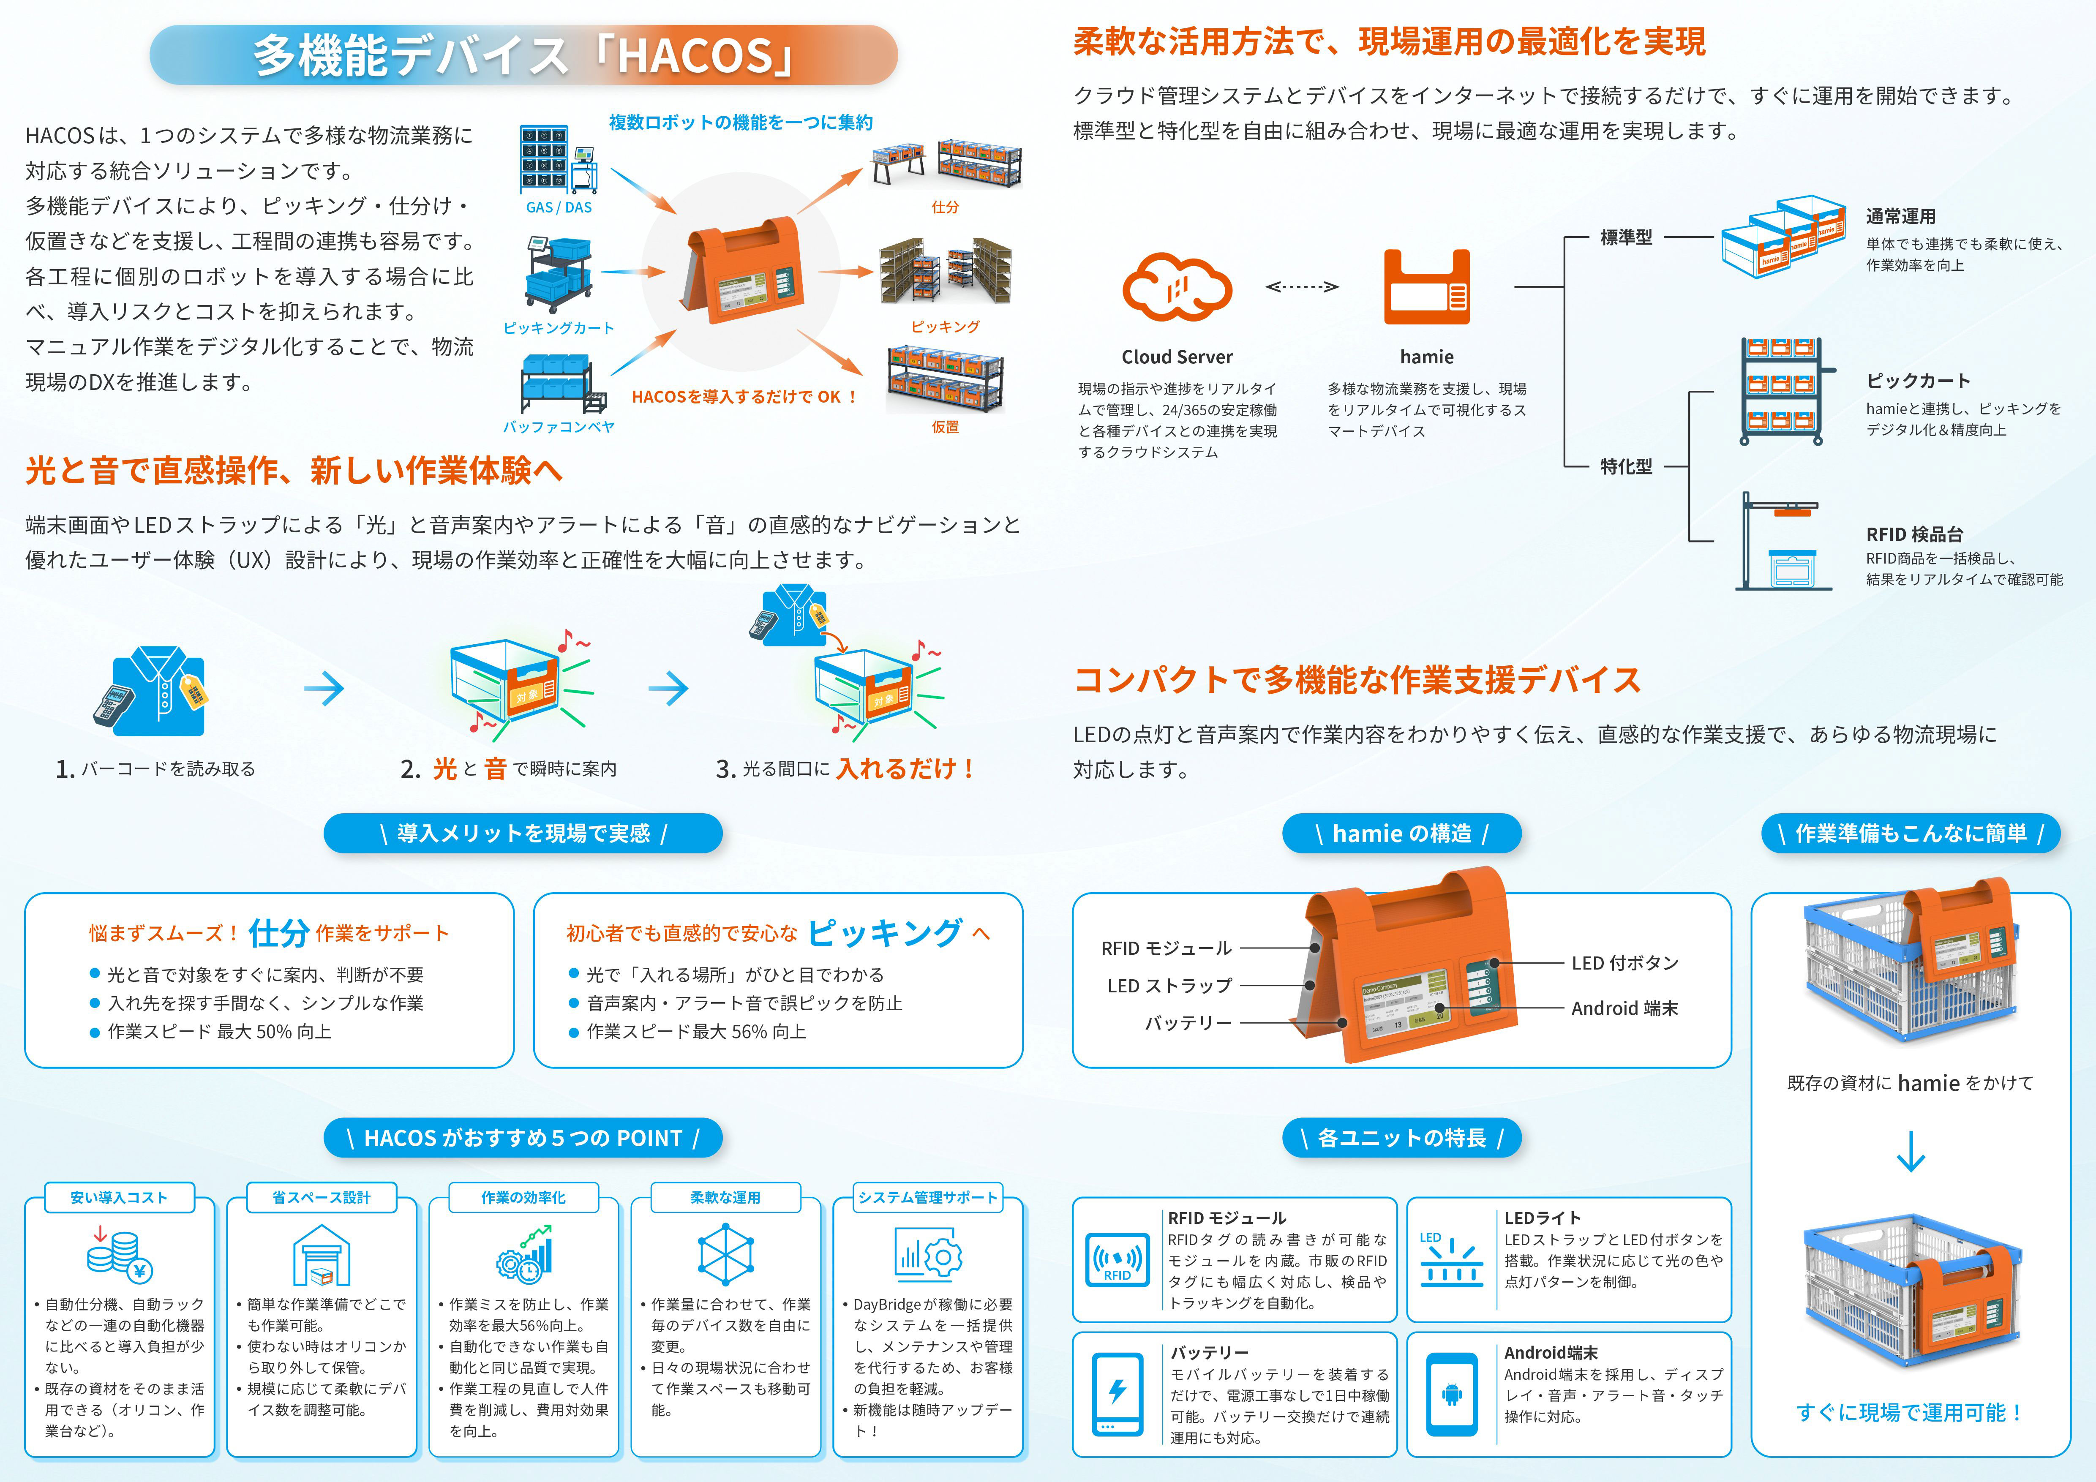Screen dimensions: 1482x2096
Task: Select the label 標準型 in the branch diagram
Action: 1626,237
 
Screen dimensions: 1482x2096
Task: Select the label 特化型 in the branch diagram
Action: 1626,466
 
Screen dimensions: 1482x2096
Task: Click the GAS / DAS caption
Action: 559,207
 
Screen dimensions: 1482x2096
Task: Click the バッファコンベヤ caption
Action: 559,426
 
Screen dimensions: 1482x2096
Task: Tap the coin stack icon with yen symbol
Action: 119,1255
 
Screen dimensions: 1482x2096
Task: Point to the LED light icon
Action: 1450,1259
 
